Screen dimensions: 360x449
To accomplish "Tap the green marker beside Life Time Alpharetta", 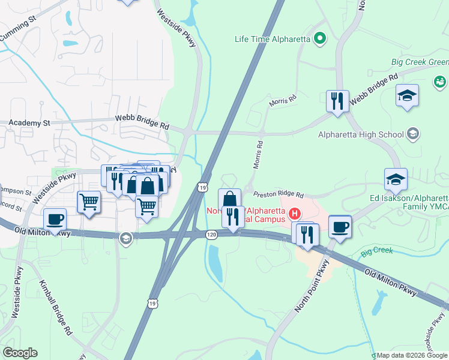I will (320, 40).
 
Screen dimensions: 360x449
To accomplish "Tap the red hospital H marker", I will (295, 213).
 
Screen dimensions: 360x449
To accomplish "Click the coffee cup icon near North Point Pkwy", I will (340, 226).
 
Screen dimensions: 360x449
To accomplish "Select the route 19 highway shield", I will (203, 188).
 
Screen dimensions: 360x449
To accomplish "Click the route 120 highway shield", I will (211, 235).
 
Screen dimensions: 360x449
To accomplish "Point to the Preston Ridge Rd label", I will (279, 195).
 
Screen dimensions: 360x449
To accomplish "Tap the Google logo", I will (20, 353).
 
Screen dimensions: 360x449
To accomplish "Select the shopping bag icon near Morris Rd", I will (229, 199).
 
